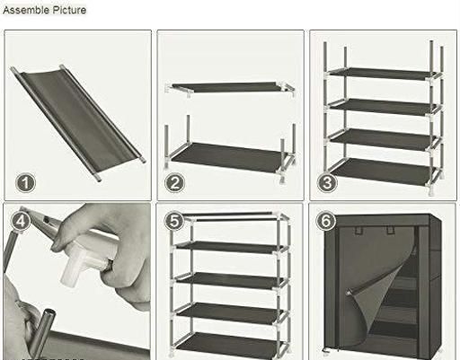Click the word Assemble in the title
point(26,10)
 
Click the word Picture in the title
point(69,10)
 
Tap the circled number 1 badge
point(25,183)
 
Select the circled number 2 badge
point(175,183)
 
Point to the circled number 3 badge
point(327,183)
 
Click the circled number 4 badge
point(21,221)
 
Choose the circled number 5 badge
point(174,221)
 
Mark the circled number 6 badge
point(326,221)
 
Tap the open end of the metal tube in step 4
point(49,313)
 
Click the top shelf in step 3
point(381,74)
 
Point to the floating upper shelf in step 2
point(230,87)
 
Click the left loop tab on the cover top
point(358,230)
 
